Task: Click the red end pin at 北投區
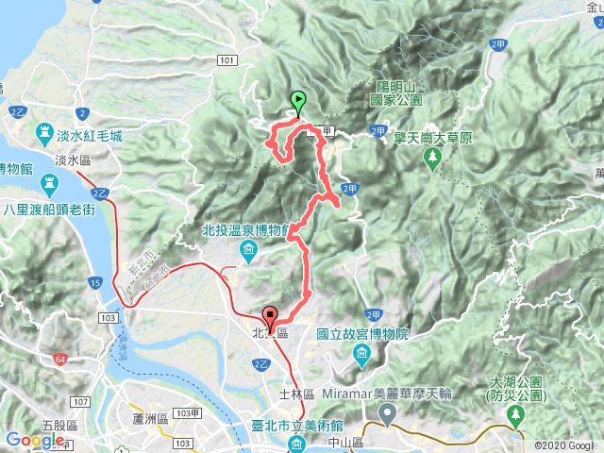(271, 318)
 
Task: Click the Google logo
(33, 440)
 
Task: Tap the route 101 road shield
(225, 60)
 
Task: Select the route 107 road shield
(80, 402)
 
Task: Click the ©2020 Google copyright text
(565, 445)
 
